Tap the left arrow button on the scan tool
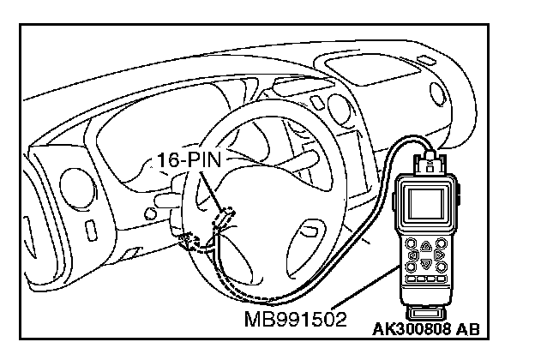pos(414,255)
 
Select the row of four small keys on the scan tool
pos(424,280)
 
